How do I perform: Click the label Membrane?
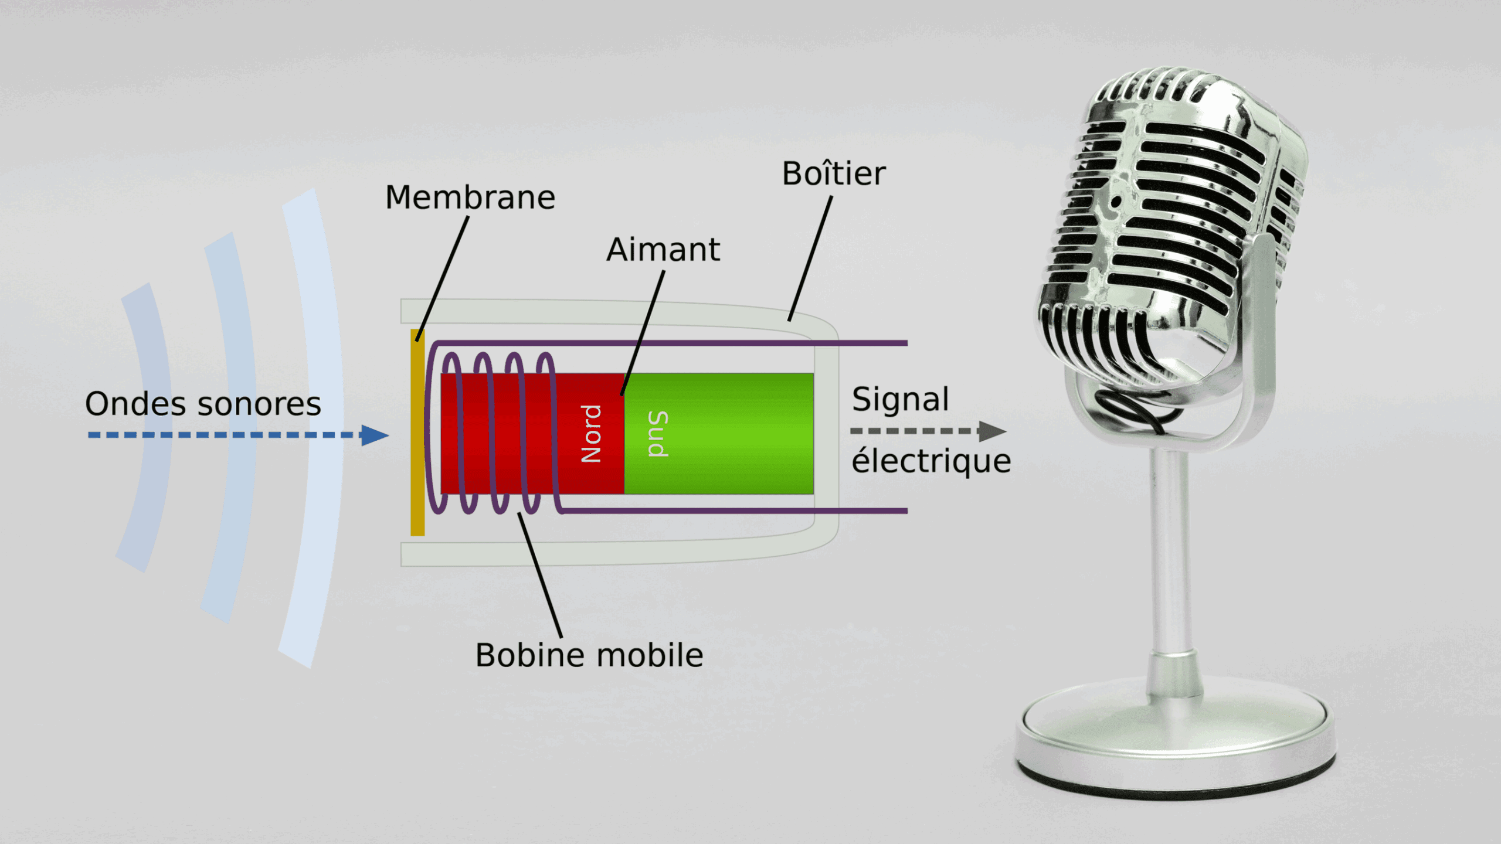point(470,198)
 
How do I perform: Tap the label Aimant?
point(663,250)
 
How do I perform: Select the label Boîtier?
point(833,174)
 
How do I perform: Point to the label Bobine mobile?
point(589,655)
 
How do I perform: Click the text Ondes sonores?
point(203,404)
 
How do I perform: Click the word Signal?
point(900,400)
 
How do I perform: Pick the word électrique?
point(931,461)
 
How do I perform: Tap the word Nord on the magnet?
point(591,434)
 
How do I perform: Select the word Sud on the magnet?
point(658,434)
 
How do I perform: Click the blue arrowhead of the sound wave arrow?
point(374,435)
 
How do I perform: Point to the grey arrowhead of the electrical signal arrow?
point(991,431)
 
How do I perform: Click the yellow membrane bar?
point(417,434)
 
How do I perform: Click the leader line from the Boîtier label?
point(810,258)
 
